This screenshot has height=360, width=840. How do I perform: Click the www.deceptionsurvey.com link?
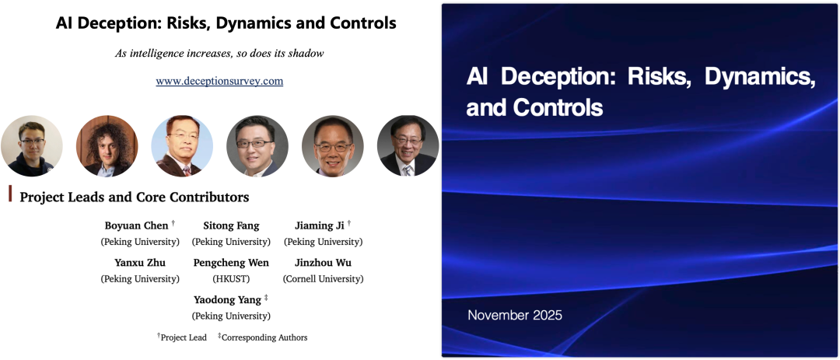click(219, 82)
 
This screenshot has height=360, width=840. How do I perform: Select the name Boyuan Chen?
click(137, 225)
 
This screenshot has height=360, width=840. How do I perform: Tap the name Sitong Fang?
click(231, 225)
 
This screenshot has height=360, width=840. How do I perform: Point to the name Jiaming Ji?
click(320, 225)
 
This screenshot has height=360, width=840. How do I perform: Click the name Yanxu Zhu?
click(140, 263)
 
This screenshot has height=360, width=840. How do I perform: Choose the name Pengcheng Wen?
click(231, 263)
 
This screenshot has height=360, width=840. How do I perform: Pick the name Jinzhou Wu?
click(323, 263)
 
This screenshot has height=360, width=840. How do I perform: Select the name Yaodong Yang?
click(227, 300)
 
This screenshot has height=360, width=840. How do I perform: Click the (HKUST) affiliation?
click(231, 279)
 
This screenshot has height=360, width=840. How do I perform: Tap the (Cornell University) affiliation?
click(323, 279)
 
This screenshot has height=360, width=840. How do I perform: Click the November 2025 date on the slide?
click(515, 315)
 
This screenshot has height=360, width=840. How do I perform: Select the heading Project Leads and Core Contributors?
click(135, 197)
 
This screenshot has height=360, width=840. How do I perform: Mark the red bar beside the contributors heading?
click(10, 194)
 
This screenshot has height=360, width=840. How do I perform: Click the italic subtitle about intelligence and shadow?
click(219, 54)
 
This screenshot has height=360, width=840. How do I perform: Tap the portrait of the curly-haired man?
click(107, 145)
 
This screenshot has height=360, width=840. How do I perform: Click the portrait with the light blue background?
click(181, 145)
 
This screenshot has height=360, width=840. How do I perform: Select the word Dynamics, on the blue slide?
click(760, 78)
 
